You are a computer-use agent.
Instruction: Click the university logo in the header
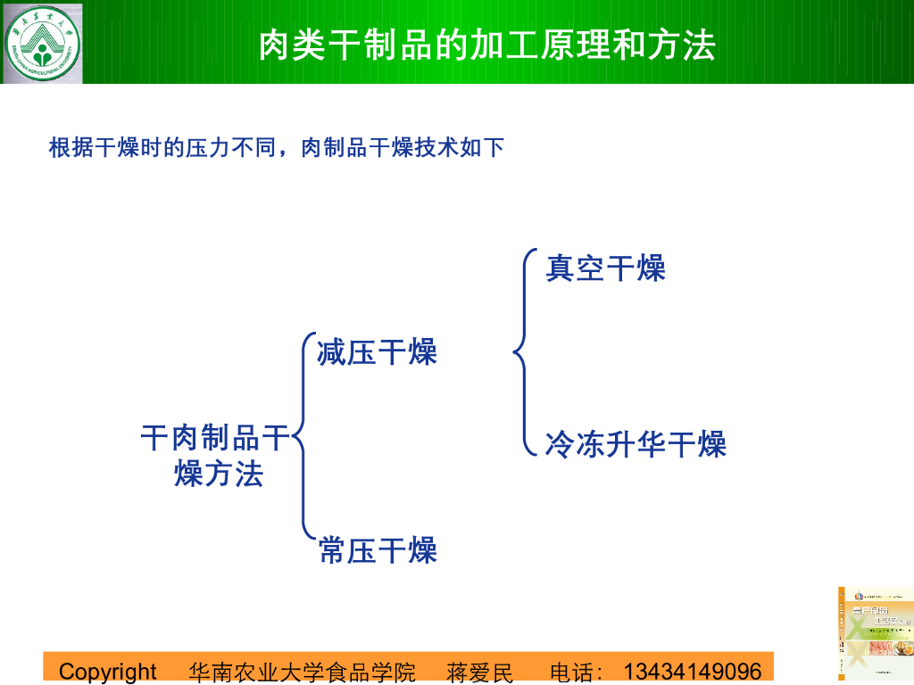[x=42, y=42]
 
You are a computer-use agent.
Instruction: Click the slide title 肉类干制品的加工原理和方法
[x=486, y=45]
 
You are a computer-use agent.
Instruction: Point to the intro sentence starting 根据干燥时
[x=277, y=147]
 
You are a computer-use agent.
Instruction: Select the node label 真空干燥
[x=605, y=268]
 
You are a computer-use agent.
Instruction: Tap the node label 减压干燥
[x=377, y=352]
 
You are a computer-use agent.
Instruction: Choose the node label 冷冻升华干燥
[x=636, y=444]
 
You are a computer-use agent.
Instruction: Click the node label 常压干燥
[x=378, y=550]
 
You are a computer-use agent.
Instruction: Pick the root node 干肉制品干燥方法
[x=217, y=456]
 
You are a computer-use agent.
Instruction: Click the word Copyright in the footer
[x=107, y=672]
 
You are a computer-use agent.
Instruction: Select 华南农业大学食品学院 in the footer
[x=303, y=672]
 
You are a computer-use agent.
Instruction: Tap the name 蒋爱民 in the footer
[x=480, y=672]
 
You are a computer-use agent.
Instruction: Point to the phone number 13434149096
[x=693, y=672]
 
